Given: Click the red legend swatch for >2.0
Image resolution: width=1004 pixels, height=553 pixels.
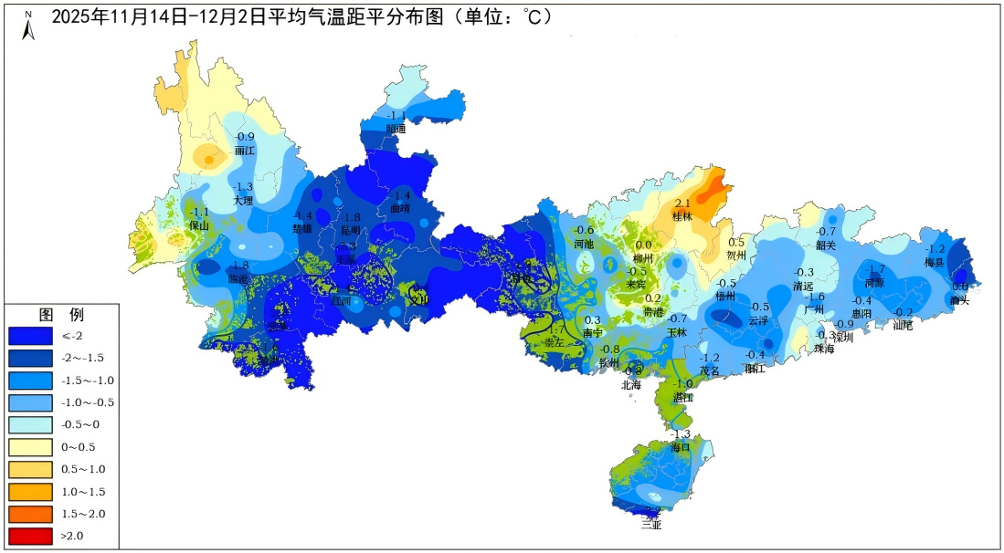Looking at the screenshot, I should (30, 536).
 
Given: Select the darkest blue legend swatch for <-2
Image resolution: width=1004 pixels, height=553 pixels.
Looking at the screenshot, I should (30, 336).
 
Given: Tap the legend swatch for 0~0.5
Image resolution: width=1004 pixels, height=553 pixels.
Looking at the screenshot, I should (30, 447).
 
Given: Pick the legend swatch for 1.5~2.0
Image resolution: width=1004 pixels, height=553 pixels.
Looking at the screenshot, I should (30, 514).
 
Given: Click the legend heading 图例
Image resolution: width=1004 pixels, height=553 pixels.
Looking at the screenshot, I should (61, 315).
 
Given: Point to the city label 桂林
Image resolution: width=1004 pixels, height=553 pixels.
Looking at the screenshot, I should (682, 217).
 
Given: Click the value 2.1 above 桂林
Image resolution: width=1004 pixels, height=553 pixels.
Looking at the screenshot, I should (682, 203).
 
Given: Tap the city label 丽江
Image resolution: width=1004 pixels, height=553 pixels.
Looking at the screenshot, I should (245, 150).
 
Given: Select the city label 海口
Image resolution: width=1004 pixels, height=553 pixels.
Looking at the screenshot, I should (681, 447).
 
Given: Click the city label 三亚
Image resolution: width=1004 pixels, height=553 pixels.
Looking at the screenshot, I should (651, 525).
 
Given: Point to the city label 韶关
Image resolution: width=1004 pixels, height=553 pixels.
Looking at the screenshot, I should (826, 245).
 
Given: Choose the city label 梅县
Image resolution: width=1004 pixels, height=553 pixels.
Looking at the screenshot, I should (934, 262).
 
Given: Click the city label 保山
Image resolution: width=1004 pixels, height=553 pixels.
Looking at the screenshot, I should (199, 224).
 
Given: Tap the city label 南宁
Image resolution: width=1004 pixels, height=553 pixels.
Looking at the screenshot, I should (593, 334).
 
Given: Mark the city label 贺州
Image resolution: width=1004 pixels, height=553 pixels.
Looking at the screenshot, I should (736, 256).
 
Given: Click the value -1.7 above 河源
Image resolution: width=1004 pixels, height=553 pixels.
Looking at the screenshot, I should (875, 268).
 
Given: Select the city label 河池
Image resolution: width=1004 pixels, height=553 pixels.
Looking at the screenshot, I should (584, 244).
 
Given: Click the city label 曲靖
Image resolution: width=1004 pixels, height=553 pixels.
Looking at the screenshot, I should (400, 209).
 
